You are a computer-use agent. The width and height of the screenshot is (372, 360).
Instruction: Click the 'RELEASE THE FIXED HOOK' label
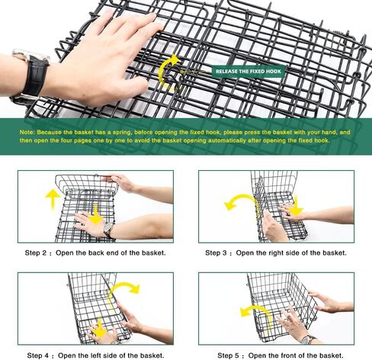(x=249, y=72)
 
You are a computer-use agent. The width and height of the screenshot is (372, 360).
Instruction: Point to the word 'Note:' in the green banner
(x=27, y=133)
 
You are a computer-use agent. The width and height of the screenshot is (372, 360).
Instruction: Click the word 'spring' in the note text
(x=123, y=133)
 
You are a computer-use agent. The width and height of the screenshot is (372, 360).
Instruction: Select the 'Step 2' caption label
(x=36, y=253)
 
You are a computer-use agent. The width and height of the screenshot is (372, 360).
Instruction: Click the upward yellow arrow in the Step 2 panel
(x=53, y=199)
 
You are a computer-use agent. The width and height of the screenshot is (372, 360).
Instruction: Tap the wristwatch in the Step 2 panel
(x=109, y=229)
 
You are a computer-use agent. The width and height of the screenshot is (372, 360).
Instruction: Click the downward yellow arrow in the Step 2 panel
(x=96, y=214)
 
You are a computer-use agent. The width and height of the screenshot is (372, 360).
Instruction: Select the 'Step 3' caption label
(x=216, y=253)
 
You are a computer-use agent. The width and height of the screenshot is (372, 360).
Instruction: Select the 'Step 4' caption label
(x=37, y=355)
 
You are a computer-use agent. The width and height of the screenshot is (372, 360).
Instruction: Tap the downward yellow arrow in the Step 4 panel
(x=99, y=329)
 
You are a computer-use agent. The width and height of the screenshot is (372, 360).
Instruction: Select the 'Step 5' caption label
(x=228, y=355)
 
